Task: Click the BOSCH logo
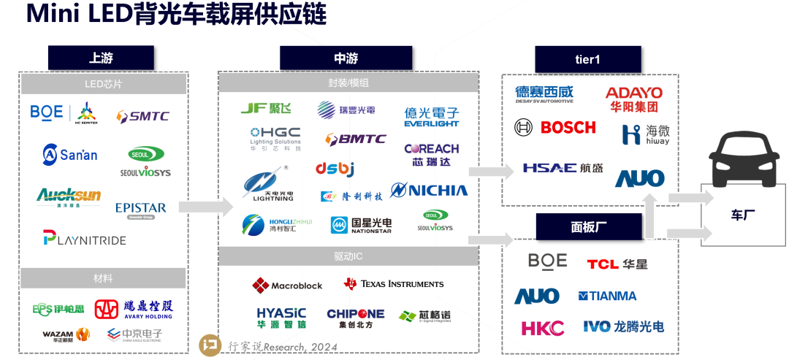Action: [556, 128]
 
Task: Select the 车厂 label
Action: [744, 215]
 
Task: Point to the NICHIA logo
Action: [429, 191]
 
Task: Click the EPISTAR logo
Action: [141, 209]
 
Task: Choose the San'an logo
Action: [70, 154]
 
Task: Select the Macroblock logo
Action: [287, 285]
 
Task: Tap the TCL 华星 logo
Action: [617, 264]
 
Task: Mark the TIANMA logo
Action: [607, 296]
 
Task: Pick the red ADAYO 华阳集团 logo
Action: [633, 99]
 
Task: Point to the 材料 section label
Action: [103, 278]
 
